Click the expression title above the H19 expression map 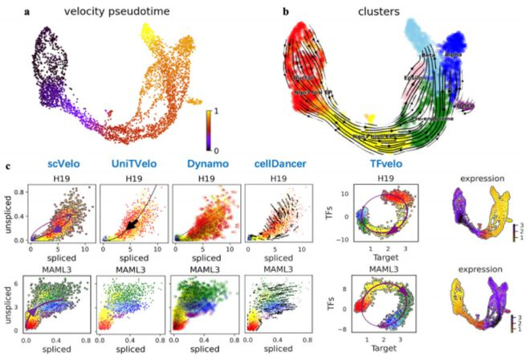coord(483,184)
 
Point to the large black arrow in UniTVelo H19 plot coord(126,222)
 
